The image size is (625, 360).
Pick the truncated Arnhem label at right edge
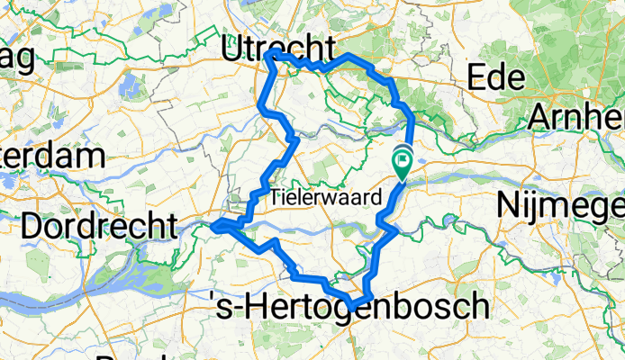click(577, 117)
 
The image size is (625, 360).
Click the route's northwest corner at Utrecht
click(270, 56)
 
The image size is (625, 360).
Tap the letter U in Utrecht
click(233, 44)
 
